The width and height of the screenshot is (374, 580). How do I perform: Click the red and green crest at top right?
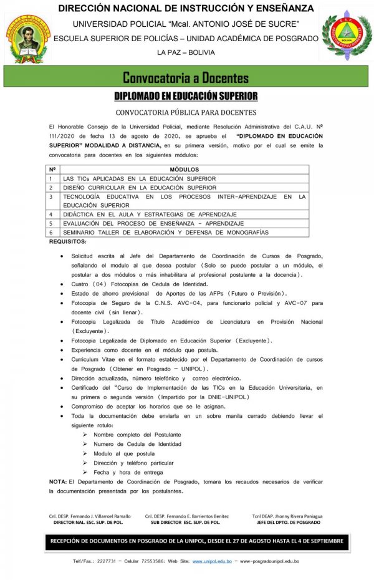[x=346, y=37]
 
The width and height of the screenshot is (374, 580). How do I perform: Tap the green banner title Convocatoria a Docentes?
[x=186, y=78]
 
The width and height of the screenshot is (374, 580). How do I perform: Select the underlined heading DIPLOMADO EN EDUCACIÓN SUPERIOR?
[x=186, y=96]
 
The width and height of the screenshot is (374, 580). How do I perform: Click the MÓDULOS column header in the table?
[x=184, y=170]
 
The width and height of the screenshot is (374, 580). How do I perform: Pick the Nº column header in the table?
[x=53, y=170]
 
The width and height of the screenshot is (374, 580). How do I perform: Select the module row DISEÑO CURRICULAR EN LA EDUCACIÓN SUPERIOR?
[x=140, y=187]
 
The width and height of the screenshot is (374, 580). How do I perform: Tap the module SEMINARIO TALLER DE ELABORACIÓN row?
[x=166, y=232]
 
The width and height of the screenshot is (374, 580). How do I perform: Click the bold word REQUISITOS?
[x=68, y=241]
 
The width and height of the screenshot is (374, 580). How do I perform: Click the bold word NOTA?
[x=58, y=482]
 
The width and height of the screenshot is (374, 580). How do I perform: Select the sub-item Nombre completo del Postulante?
[x=137, y=434]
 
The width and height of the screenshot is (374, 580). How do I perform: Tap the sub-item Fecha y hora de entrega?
[x=128, y=472]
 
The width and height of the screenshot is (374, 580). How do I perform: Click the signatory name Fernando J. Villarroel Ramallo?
[x=90, y=516]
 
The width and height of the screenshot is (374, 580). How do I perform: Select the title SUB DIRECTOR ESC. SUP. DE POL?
[x=186, y=522]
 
